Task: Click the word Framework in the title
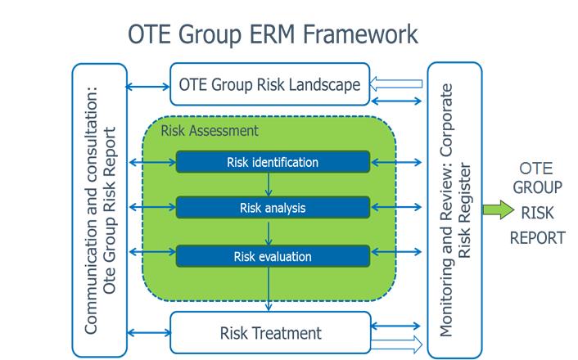[x=360, y=34]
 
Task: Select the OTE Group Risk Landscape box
[x=269, y=84]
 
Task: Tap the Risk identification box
[x=273, y=162]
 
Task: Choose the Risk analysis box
[x=273, y=208]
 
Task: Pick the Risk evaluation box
[x=273, y=256]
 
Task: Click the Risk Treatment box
[x=270, y=333]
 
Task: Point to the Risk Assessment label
[x=210, y=131]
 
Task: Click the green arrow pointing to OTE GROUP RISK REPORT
[x=499, y=209]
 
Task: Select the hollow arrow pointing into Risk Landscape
[x=395, y=83]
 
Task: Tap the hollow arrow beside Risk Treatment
[x=396, y=344]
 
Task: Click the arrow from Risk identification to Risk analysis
[x=269, y=185]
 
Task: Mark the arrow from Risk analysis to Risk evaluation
[x=269, y=232]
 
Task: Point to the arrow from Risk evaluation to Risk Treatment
[x=269, y=290]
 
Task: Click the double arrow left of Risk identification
[x=152, y=162]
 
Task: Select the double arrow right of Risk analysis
[x=396, y=208]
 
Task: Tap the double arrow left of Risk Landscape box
[x=147, y=87]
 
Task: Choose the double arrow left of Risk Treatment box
[x=148, y=333]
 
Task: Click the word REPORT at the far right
[x=537, y=237]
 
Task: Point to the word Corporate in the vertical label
[x=446, y=120]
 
